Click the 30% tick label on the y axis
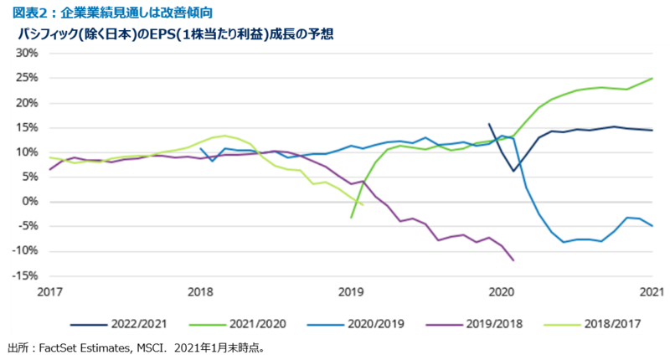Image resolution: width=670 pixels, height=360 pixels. click(x=27, y=53)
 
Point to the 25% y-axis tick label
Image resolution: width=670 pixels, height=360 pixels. click(x=27, y=78)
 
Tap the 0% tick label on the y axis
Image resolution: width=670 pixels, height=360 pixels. click(x=30, y=202)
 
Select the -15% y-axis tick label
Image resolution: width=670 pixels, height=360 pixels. click(x=25, y=276)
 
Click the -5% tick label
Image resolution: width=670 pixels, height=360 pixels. click(x=28, y=227)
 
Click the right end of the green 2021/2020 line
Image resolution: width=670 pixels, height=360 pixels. click(x=652, y=79)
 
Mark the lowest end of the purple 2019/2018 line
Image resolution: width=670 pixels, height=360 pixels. click(x=513, y=260)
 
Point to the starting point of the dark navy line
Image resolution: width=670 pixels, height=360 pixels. click(x=489, y=124)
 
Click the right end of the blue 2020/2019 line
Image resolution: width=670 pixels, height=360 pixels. click(x=652, y=226)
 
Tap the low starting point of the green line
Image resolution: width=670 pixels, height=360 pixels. click(x=351, y=218)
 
